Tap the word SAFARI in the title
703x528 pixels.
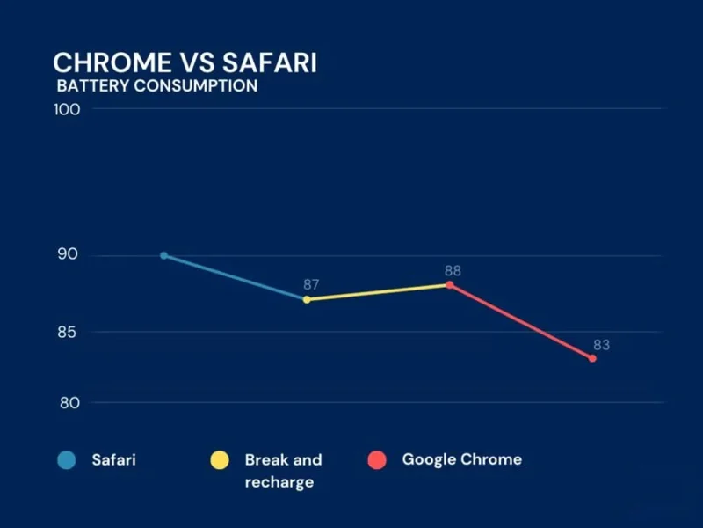pos(269,62)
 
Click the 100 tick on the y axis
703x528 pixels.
pos(69,109)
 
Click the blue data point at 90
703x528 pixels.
pos(163,255)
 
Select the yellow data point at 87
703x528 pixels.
pos(307,299)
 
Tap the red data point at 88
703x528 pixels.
pos(449,285)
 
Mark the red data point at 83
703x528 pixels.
pos(592,358)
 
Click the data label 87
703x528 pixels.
pos(311,284)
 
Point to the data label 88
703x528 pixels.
pos(453,271)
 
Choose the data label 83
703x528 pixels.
pos(601,345)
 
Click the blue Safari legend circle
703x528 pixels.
pos(66,459)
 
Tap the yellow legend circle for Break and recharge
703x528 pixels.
pos(219,459)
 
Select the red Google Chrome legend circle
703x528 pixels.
pos(377,459)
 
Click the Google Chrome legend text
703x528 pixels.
pos(461,459)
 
